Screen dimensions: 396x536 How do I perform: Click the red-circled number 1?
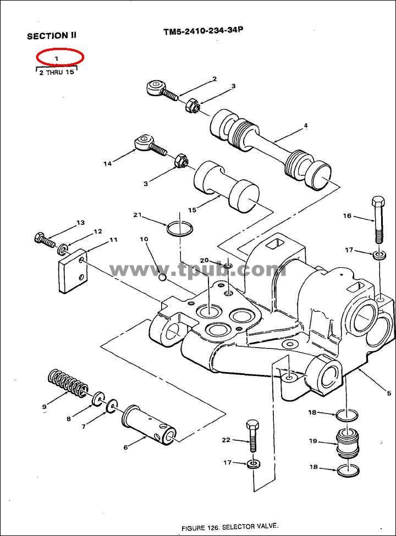[57, 58]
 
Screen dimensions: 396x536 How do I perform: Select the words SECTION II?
[52, 36]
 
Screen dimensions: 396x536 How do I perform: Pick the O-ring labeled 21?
[179, 229]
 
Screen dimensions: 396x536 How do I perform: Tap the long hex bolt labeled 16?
[378, 219]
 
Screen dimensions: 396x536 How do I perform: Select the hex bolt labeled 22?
[252, 436]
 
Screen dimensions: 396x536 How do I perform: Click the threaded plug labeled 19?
[348, 443]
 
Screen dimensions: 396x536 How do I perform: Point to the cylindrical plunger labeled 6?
[149, 424]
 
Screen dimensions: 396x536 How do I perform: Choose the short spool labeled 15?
[226, 187]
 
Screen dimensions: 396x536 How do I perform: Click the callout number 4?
[306, 126]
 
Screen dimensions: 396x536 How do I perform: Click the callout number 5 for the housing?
[389, 394]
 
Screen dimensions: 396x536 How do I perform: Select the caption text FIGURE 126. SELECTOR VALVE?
[230, 527]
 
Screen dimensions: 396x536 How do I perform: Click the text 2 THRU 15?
[57, 73]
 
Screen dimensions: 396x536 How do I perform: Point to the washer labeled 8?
[98, 397]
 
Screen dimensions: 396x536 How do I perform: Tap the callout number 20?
[204, 261]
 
